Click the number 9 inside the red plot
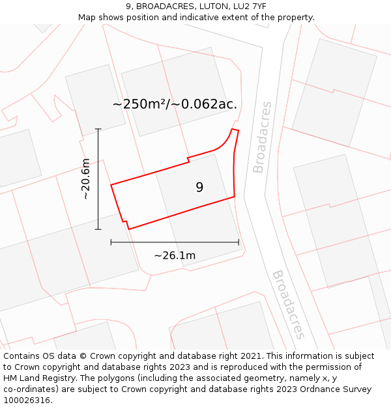pos(199,188)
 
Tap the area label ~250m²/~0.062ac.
pos(175,104)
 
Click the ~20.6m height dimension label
pos(85,179)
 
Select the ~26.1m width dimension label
pos(175,255)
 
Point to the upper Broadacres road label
pos(262,137)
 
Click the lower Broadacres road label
pos(289,304)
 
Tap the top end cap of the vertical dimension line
pos(98,129)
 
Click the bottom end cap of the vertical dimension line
pos(98,229)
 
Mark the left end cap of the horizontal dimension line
pos(111,242)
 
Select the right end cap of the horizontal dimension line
pos(239,242)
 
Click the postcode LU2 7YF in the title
pos(247,7)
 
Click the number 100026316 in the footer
pos(28,400)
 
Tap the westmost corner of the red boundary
pos(111,185)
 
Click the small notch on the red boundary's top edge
pos(188,159)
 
